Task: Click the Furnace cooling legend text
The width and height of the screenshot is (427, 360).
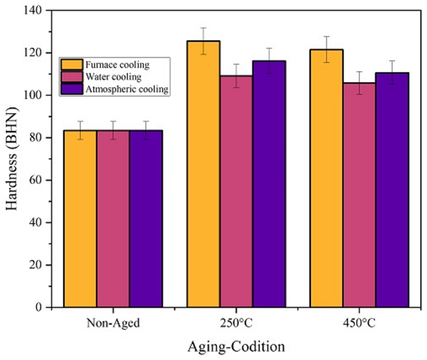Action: (x=118, y=64)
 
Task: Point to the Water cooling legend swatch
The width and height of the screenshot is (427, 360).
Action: (x=71, y=77)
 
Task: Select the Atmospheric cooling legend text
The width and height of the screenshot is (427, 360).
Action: (x=127, y=89)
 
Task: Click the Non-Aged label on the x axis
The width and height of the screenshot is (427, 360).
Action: (x=113, y=324)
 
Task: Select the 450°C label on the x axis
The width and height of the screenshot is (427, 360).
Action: (x=358, y=324)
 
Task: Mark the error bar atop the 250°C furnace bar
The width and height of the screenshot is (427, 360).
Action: (x=203, y=40)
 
